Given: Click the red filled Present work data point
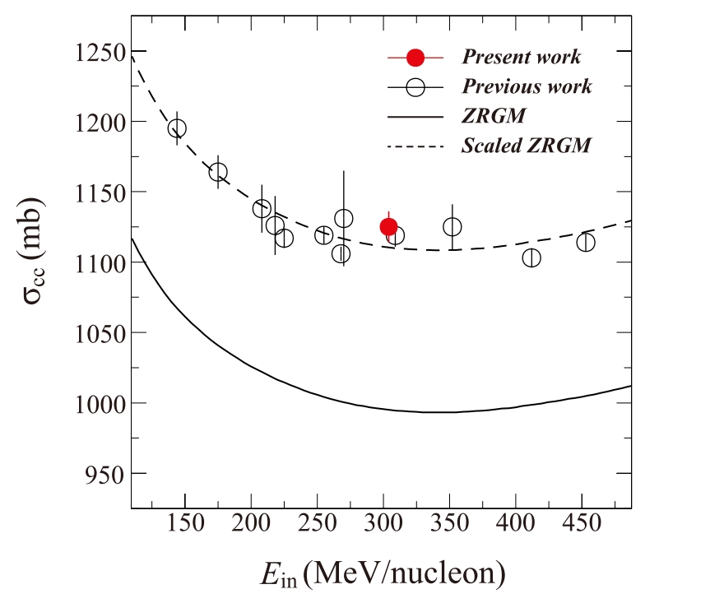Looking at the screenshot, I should pos(388,227).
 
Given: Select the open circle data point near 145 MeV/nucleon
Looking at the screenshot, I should pos(177,128).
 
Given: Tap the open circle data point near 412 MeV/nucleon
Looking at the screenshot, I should pos(531,257).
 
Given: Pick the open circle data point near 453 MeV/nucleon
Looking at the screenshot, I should pos(586,242).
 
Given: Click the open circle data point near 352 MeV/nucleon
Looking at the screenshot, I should pos(452,226).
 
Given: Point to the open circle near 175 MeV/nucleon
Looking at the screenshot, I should pos(218,172).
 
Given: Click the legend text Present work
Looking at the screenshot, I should pos(521,58).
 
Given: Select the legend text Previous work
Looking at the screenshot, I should pos(527,86).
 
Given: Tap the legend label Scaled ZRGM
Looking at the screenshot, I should pos(527,146).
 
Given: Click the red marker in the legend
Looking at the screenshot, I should pos(415,58).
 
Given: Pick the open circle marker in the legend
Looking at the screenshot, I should pos(415,86).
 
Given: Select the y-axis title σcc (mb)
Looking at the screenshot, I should pos(37,263).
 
